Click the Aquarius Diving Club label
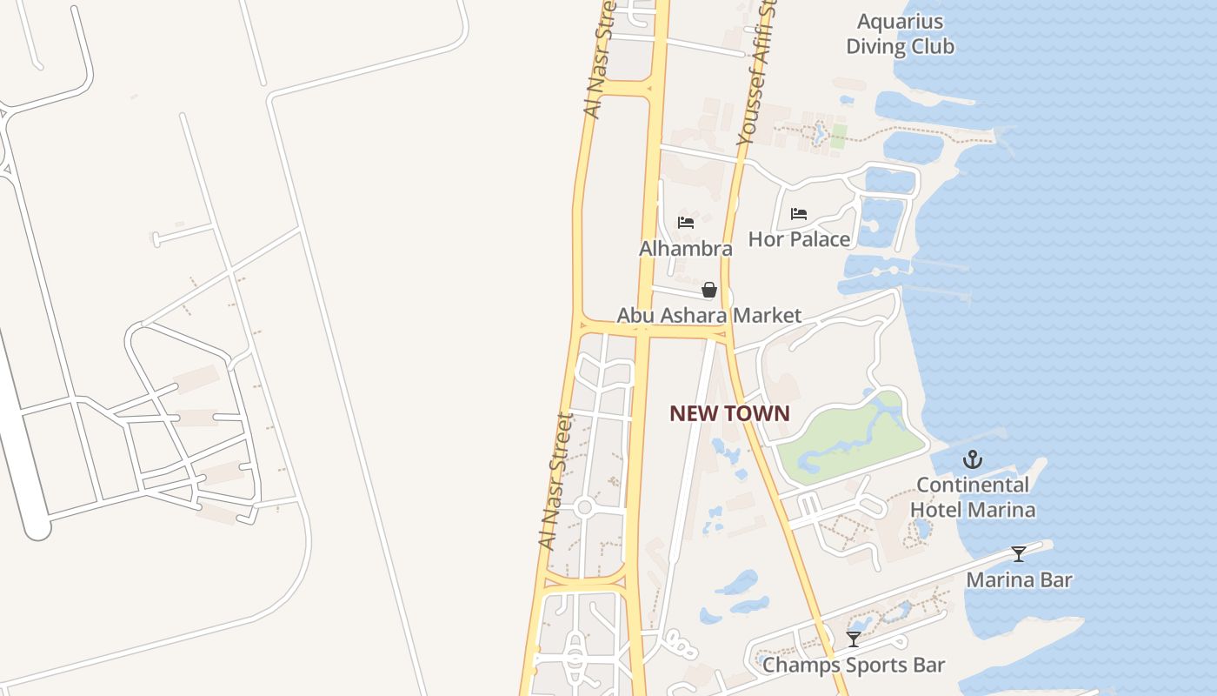point(900,34)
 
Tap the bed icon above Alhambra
point(686,222)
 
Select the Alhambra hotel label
point(686,249)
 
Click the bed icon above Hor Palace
point(799,213)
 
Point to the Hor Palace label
point(799,239)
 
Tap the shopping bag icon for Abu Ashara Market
point(709,290)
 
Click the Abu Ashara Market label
point(709,315)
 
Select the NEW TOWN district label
point(729,414)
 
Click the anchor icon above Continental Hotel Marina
point(973,459)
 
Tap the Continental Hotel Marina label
point(973,497)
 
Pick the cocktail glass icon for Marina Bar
point(1018,554)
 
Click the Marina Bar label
point(1019,580)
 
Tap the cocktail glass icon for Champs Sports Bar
point(854,639)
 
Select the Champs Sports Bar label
point(854,666)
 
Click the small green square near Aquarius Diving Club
point(838,136)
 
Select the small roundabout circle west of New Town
point(584,507)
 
